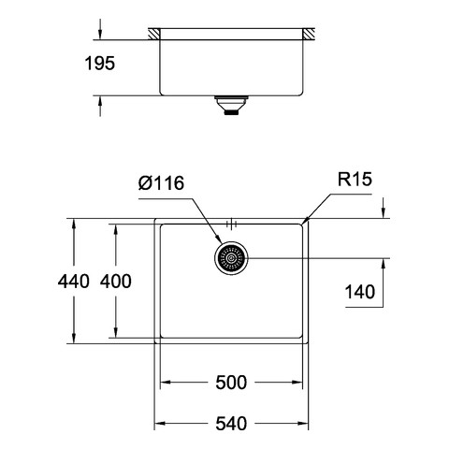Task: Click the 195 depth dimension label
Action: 100,64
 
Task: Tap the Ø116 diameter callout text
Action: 161,183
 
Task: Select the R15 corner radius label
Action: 355,180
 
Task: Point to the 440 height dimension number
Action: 74,281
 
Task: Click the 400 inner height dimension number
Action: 116,281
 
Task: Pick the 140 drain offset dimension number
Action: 360,292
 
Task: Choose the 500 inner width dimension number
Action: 231,383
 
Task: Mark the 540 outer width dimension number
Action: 231,424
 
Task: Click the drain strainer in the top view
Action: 231,258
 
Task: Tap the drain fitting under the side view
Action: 231,106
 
